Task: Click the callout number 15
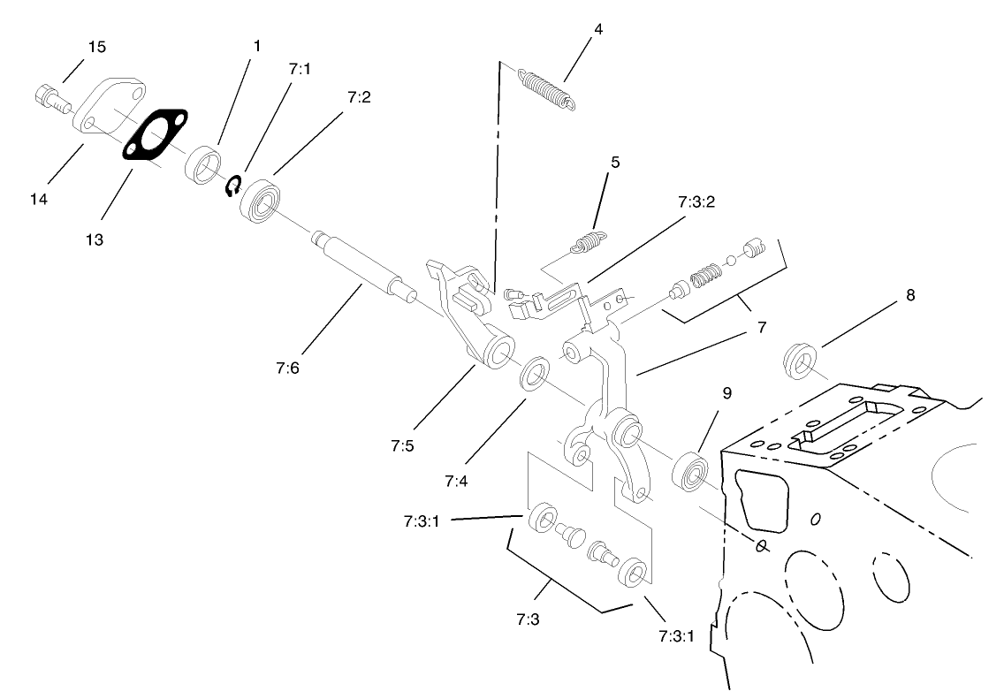[x=96, y=48]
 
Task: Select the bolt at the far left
[x=51, y=99]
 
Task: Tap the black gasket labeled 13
[x=156, y=133]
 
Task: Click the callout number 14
[x=38, y=200]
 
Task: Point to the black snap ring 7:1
[x=234, y=186]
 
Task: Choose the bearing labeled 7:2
[x=261, y=200]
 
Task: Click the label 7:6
[x=288, y=368]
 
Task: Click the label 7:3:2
[x=696, y=201]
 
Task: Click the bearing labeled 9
[x=690, y=472]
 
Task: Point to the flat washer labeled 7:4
[x=534, y=375]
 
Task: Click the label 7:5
[x=402, y=446]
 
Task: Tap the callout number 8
[x=910, y=295]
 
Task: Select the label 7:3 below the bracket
[x=528, y=619]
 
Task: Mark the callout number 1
[x=257, y=46]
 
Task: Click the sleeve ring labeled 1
[x=203, y=165]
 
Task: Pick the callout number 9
[x=726, y=393]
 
